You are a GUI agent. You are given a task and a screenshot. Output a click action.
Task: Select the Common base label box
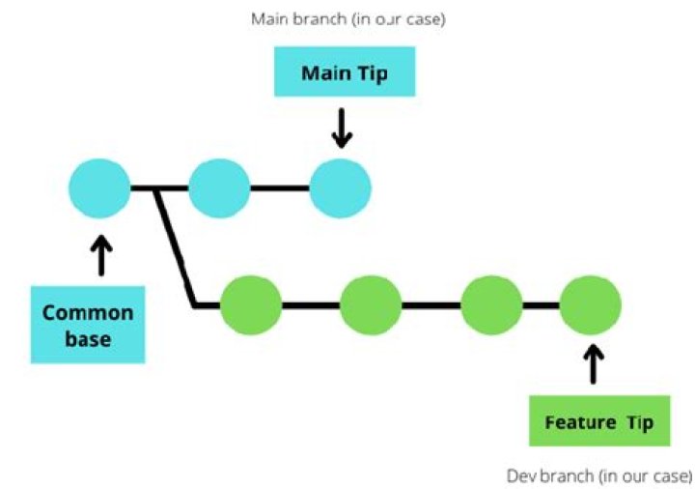pos(88,325)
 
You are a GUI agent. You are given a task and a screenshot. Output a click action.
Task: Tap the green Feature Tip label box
pos(598,422)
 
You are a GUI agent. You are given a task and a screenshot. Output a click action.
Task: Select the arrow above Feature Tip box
pos(595,364)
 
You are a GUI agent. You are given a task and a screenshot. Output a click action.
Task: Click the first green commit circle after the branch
pos(252,305)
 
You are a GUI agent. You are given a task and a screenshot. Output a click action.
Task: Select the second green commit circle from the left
pos(371,305)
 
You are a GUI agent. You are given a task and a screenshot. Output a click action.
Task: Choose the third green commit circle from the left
pos(491,305)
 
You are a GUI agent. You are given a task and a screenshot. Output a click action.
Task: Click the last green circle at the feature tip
pos(591,305)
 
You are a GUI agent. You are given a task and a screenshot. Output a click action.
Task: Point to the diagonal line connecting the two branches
pos(177,246)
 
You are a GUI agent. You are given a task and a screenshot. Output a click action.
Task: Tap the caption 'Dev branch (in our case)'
pos(598,475)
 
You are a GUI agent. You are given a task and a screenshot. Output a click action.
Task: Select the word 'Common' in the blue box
pos(88,313)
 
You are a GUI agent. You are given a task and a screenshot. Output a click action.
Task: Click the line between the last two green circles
pos(542,305)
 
